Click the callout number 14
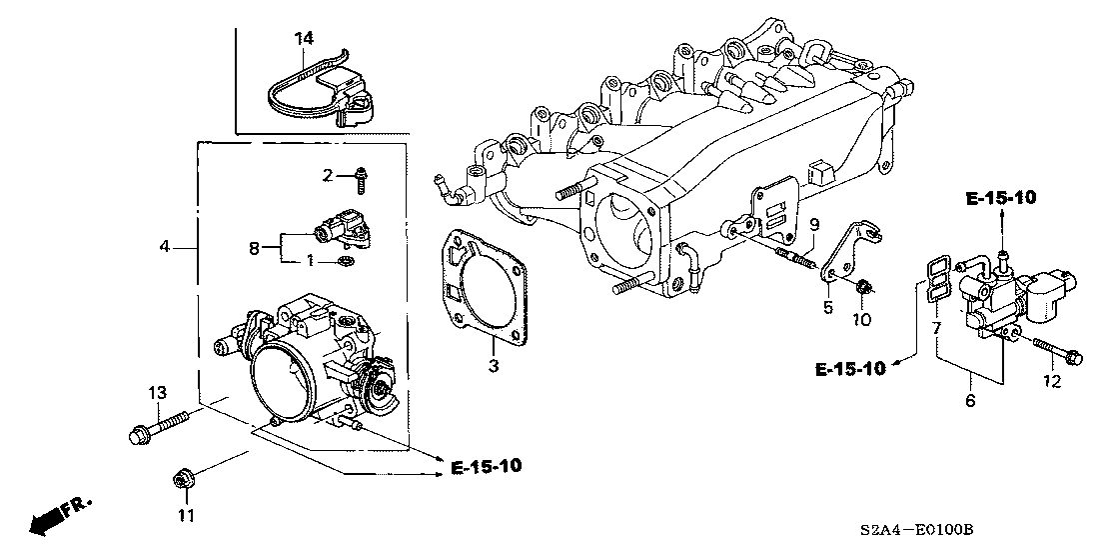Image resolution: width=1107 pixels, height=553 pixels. click(304, 38)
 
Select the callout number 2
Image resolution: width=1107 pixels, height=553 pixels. click(327, 177)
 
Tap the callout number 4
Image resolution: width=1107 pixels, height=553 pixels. click(166, 246)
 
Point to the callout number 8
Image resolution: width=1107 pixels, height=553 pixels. click(253, 246)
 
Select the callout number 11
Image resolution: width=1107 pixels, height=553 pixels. click(182, 516)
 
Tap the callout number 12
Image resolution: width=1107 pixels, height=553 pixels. click(1051, 382)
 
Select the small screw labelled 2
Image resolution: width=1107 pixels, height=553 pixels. click(358, 179)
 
